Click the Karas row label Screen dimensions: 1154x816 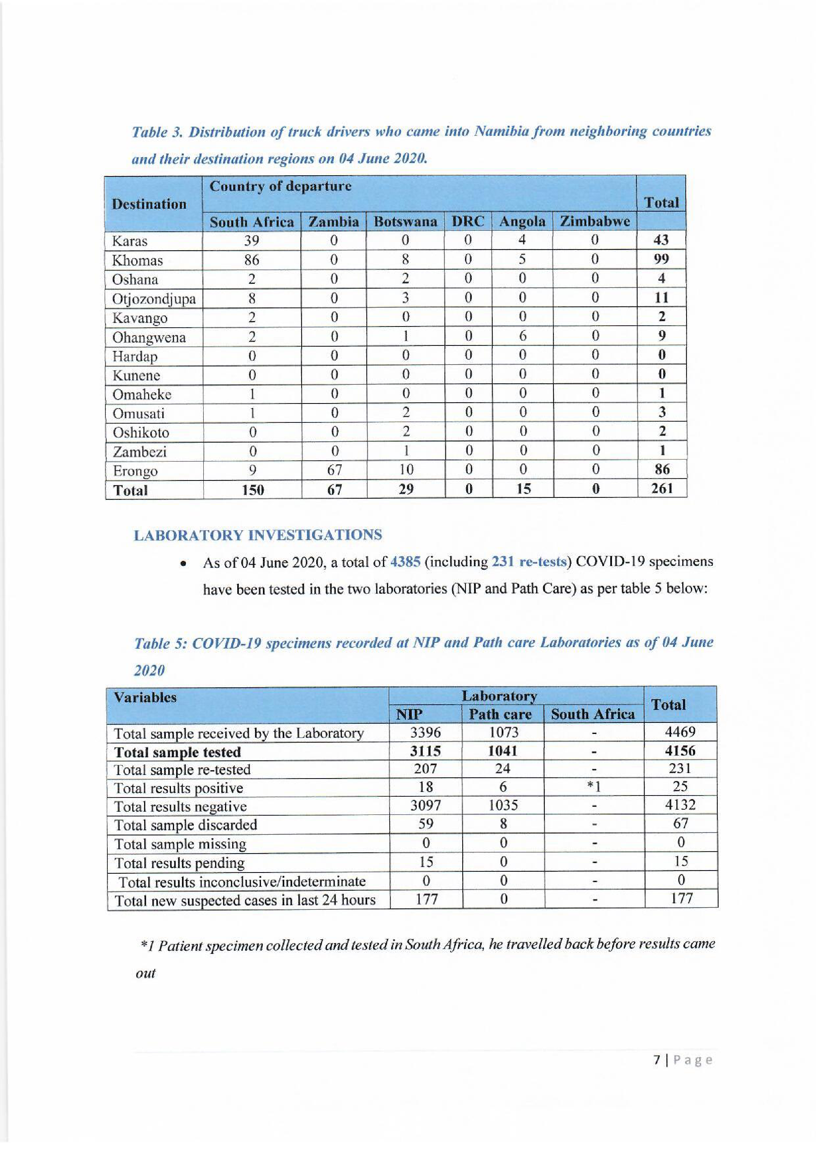[x=129, y=241]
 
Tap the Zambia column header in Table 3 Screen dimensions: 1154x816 [x=334, y=221]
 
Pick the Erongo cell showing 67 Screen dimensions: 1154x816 [x=334, y=470]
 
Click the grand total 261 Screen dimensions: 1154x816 [x=662, y=488]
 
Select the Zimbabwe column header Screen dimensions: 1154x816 [x=595, y=221]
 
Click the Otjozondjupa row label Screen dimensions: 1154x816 [x=154, y=299]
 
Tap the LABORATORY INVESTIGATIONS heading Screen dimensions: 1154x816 [x=258, y=535]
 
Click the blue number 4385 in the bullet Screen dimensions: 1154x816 [x=405, y=561]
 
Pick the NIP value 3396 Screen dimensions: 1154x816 [x=425, y=732]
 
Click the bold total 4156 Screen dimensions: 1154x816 [x=680, y=751]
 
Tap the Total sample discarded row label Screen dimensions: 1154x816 [x=186, y=825]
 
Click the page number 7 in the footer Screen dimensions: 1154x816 [x=657, y=1060]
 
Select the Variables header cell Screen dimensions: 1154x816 [x=145, y=698]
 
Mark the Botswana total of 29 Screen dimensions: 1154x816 [x=405, y=489]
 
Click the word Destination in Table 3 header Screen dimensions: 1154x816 [x=149, y=204]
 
